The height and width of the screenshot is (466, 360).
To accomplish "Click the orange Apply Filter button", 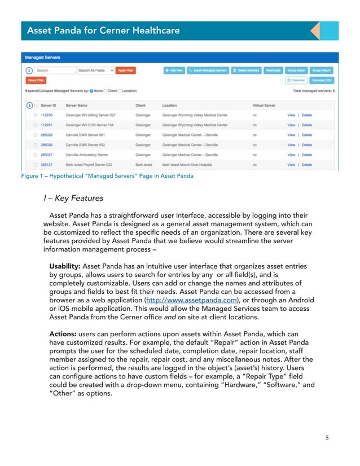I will tap(125, 71).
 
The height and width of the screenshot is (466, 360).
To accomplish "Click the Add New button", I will tap(174, 71).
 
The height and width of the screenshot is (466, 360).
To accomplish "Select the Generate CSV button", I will tap(322, 81).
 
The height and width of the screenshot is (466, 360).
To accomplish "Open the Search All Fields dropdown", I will tap(95, 71).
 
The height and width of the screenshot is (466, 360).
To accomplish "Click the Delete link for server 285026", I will tap(306, 145).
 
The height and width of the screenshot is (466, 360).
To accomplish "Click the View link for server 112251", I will tap(291, 125).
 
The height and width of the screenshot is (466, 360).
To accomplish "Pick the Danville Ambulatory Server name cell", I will tap(86, 155).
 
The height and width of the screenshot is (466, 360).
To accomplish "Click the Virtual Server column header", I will tap(264, 105).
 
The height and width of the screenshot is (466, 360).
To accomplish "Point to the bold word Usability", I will tap(64, 266).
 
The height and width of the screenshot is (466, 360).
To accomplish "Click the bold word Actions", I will tap(63, 334).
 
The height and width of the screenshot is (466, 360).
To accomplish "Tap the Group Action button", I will tap(296, 71).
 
